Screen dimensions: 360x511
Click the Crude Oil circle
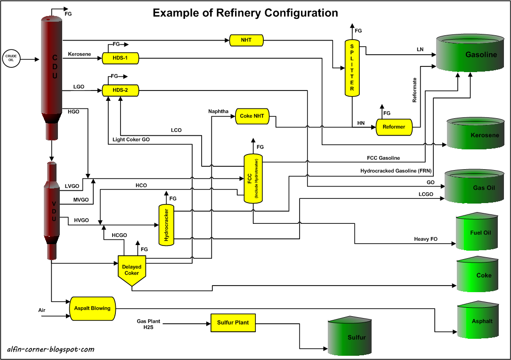pos(11,58)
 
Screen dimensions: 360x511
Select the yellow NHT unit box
pos(246,41)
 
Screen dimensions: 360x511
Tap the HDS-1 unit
pos(120,58)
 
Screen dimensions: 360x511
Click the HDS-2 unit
pos(120,90)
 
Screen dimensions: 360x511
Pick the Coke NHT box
pos(252,116)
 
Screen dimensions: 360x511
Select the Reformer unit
pos(394,127)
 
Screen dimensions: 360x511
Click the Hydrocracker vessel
pos(166,224)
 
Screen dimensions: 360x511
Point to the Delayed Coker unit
pos(132,270)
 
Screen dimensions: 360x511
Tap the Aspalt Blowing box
pos(92,309)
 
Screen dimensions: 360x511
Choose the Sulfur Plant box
pos(233,323)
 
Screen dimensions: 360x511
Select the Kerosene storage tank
pos(477,134)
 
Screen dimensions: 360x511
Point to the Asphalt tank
pos(477,320)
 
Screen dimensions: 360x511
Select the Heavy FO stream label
pos(426,239)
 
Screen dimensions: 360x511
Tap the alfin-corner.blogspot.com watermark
pos(51,350)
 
